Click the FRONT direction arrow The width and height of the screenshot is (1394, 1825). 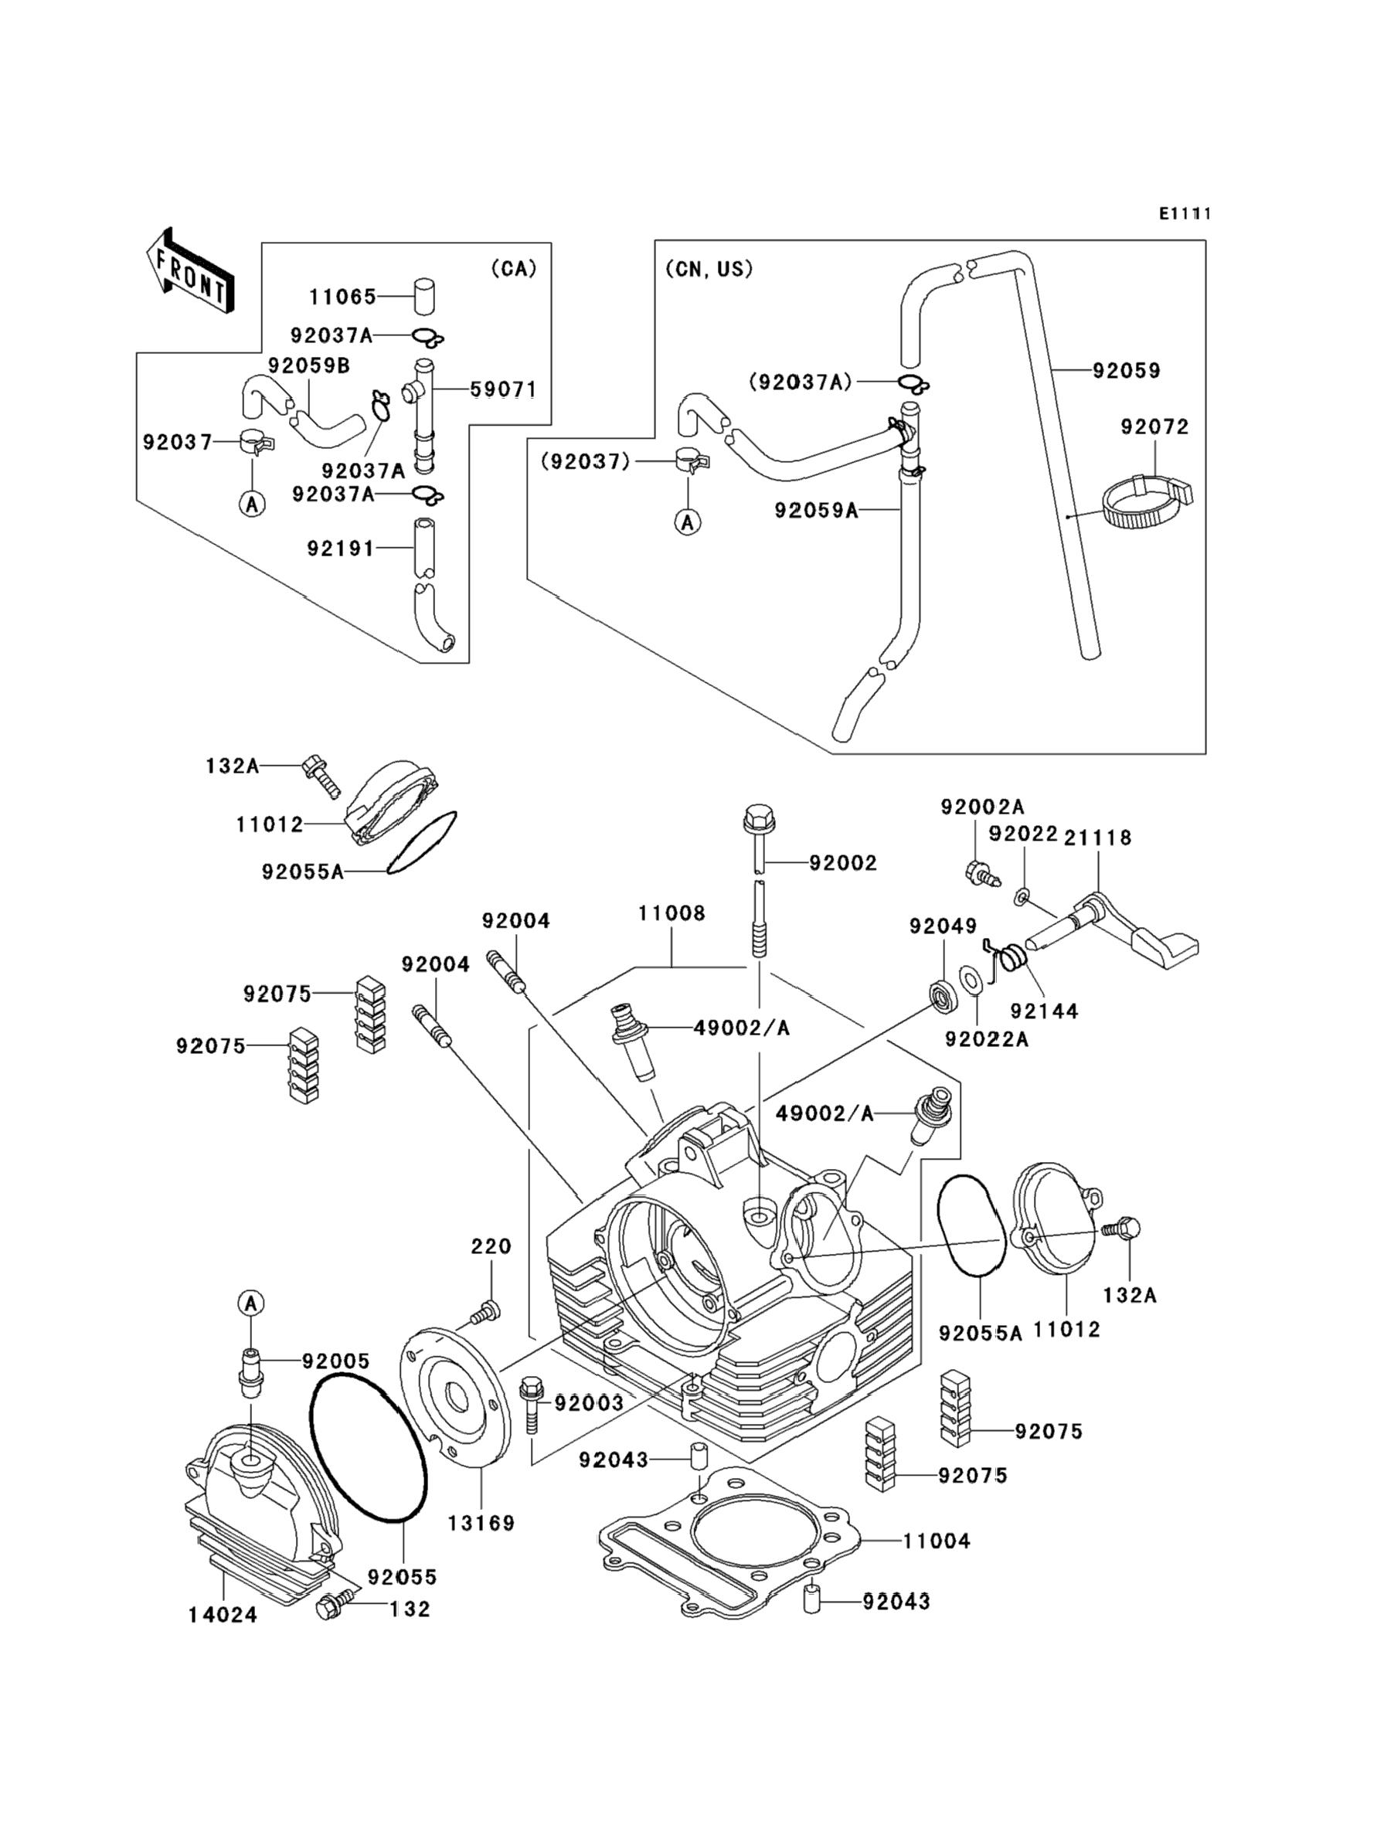(189, 271)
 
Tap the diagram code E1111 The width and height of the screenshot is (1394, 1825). (1185, 214)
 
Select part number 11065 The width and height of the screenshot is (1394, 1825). (342, 296)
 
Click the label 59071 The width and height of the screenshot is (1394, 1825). (504, 389)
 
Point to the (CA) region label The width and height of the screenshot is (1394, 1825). (514, 268)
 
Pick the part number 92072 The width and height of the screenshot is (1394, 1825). (1154, 427)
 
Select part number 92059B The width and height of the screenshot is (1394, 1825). (308, 365)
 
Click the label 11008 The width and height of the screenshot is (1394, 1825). (671, 913)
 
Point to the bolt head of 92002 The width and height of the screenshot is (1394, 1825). (757, 818)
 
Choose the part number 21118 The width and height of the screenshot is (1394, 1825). (1098, 837)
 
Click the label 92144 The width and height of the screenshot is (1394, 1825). (1044, 1011)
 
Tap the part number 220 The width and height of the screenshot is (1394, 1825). (491, 1246)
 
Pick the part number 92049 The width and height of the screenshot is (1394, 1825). (943, 926)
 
